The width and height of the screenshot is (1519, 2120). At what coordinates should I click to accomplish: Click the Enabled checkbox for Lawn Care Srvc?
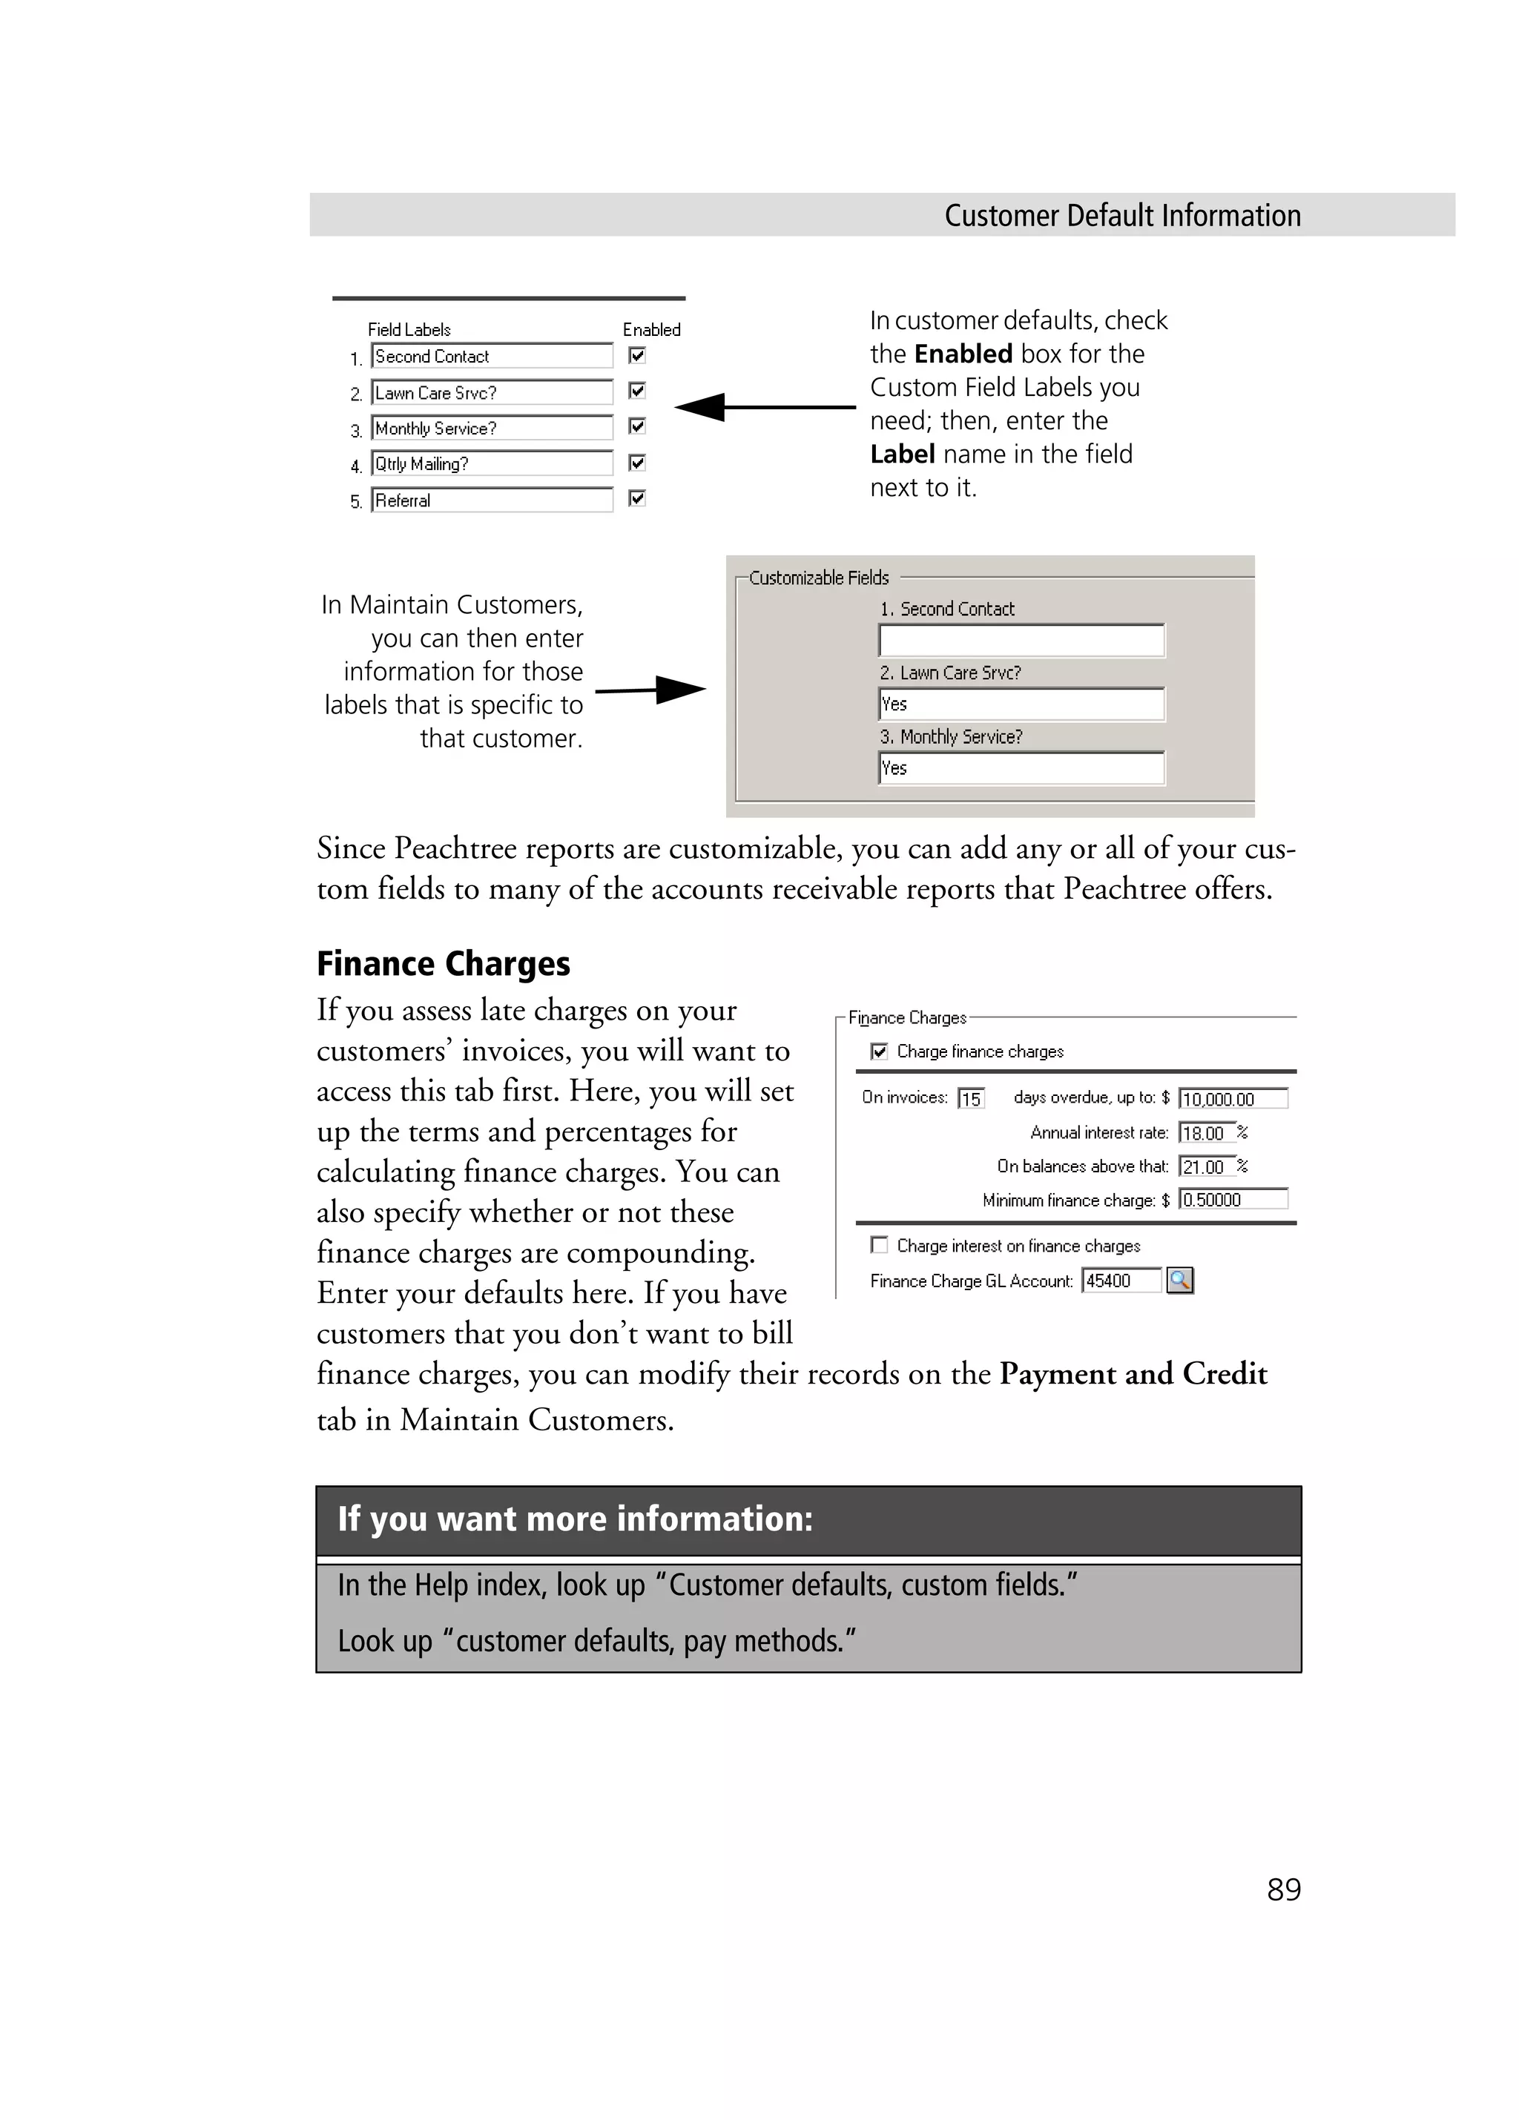tap(636, 391)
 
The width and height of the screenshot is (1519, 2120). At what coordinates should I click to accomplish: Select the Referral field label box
tap(492, 500)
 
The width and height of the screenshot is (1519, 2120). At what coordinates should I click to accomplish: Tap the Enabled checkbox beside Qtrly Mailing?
tap(636, 463)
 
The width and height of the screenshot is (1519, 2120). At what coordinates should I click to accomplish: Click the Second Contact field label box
tap(492, 356)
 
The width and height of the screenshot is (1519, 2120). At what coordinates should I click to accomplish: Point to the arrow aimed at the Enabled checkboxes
tap(764, 406)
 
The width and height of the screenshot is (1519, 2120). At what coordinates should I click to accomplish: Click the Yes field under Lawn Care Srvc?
tap(1021, 704)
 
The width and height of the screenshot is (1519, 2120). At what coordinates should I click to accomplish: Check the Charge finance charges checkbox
tap(879, 1051)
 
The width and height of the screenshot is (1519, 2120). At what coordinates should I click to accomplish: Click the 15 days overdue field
tap(971, 1099)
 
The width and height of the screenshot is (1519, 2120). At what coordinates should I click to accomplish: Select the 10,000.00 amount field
tap(1232, 1099)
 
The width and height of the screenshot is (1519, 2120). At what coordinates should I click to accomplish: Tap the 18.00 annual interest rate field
tap(1206, 1133)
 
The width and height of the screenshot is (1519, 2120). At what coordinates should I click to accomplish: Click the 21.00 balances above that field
tap(1206, 1166)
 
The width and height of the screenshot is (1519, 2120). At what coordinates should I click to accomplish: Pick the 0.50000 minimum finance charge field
tap(1232, 1199)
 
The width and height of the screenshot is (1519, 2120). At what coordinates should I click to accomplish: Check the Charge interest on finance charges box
tap(879, 1245)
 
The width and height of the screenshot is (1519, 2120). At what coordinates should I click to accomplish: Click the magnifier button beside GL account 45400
tap(1181, 1281)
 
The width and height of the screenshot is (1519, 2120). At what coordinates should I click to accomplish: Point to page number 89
tap(1283, 1889)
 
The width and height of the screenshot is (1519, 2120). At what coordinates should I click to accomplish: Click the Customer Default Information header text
tap(1121, 216)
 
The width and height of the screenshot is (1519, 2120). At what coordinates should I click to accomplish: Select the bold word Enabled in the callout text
tap(963, 354)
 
